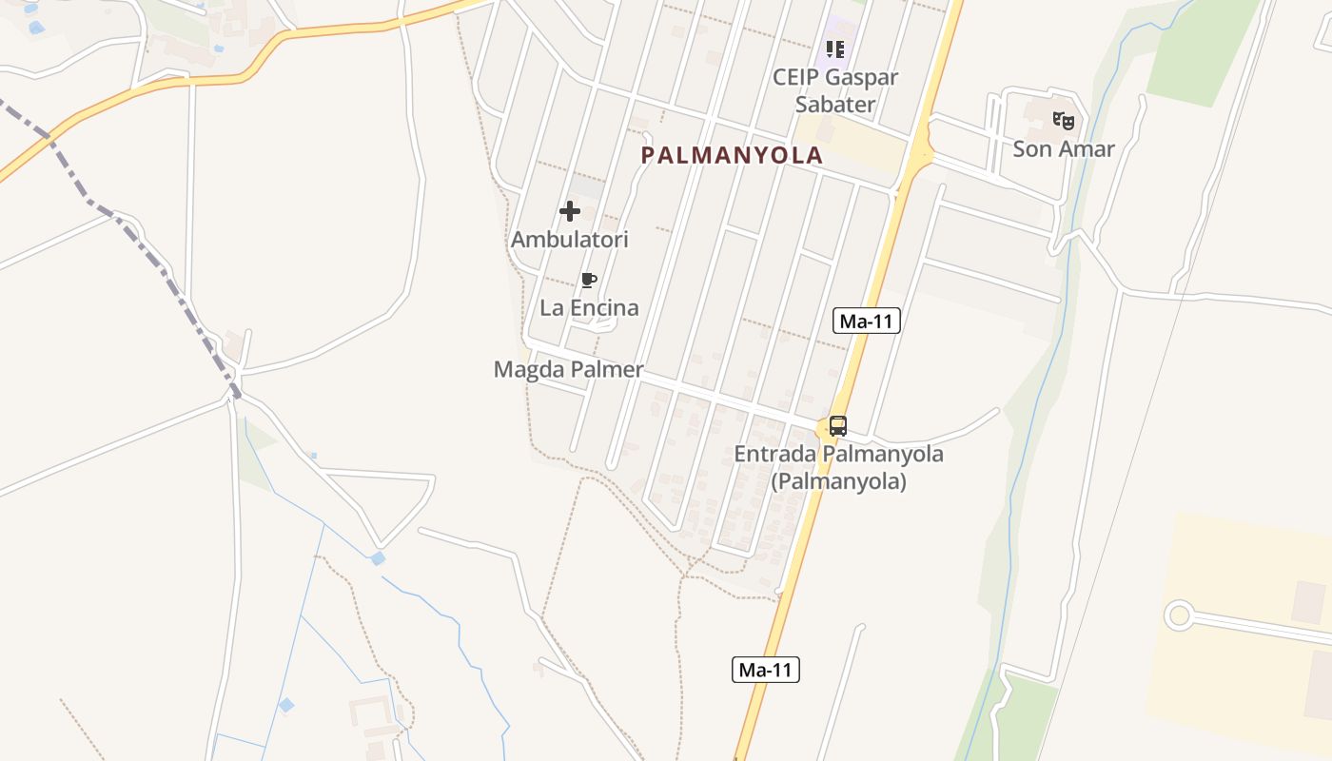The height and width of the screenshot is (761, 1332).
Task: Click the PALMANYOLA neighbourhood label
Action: point(731,155)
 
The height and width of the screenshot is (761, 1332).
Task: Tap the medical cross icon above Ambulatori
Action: point(570,210)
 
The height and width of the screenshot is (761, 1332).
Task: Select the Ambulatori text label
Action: point(570,240)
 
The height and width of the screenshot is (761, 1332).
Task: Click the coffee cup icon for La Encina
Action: point(589,280)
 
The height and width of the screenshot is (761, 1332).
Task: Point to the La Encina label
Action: point(589,308)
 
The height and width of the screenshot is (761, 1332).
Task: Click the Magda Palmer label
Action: point(568,370)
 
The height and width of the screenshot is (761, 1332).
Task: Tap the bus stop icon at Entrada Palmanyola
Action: point(837,425)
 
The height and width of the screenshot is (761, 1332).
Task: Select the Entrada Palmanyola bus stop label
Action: point(838,467)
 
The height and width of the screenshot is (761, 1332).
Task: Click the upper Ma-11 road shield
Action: point(866,321)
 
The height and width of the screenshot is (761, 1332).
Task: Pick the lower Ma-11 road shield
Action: point(766,670)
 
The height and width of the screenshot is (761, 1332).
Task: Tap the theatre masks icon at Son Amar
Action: point(1063,121)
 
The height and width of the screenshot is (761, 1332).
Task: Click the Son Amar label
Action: point(1063,149)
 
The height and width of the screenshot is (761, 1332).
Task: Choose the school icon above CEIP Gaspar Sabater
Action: point(834,49)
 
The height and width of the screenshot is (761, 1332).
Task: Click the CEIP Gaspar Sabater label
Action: point(834,90)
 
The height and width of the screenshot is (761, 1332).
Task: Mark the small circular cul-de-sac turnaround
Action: point(1180,615)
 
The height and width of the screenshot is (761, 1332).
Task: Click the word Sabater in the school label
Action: point(834,105)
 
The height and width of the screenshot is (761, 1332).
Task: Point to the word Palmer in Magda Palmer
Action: point(606,370)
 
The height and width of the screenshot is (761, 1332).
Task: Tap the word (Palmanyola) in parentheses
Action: point(838,481)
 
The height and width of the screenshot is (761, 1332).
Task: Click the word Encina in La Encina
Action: point(603,308)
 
